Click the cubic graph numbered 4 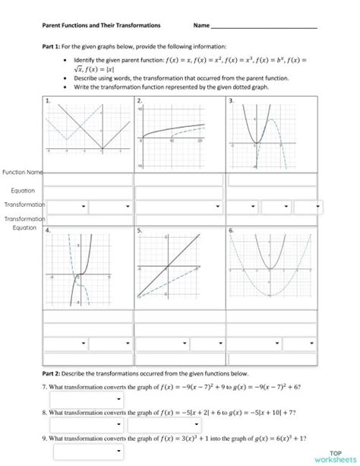(87, 274)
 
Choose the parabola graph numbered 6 (270, 274)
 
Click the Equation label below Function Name (24, 190)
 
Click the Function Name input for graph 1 (87, 179)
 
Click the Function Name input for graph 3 (270, 179)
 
